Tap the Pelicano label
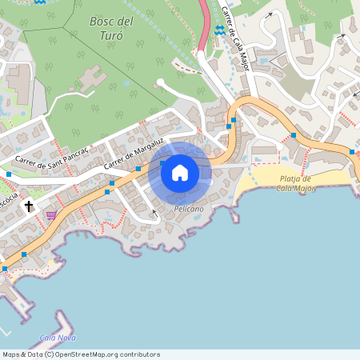coord(189,208)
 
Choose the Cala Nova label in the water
coord(57,338)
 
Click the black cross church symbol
coord(29,206)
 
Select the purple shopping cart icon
coord(51,214)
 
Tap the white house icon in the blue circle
coord(180,172)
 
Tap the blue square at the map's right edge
coord(351,151)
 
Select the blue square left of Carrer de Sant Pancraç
coord(9,174)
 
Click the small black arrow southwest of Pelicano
coord(154,214)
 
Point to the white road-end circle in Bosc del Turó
coord(160,82)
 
